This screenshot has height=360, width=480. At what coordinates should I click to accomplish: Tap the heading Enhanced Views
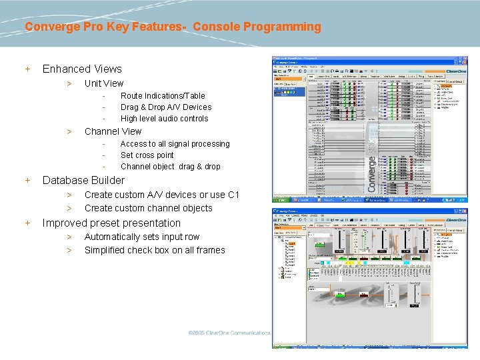pos(82,69)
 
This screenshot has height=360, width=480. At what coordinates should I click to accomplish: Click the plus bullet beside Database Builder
pos(27,180)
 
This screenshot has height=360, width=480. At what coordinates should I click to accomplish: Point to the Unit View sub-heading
pos(103,83)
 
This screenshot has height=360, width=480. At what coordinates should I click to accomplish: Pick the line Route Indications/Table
pos(163,96)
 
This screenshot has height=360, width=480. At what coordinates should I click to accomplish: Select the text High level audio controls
pos(164,119)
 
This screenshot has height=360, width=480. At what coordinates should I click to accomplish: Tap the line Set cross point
pos(147,155)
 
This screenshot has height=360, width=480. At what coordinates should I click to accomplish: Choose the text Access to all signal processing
pos(175,144)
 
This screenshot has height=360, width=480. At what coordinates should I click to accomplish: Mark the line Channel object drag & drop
pos(170,167)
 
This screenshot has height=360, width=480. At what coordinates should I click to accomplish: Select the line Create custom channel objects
pos(148,208)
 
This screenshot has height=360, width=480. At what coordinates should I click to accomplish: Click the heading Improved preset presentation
pos(111,223)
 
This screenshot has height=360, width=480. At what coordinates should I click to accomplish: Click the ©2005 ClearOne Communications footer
pos(229,332)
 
